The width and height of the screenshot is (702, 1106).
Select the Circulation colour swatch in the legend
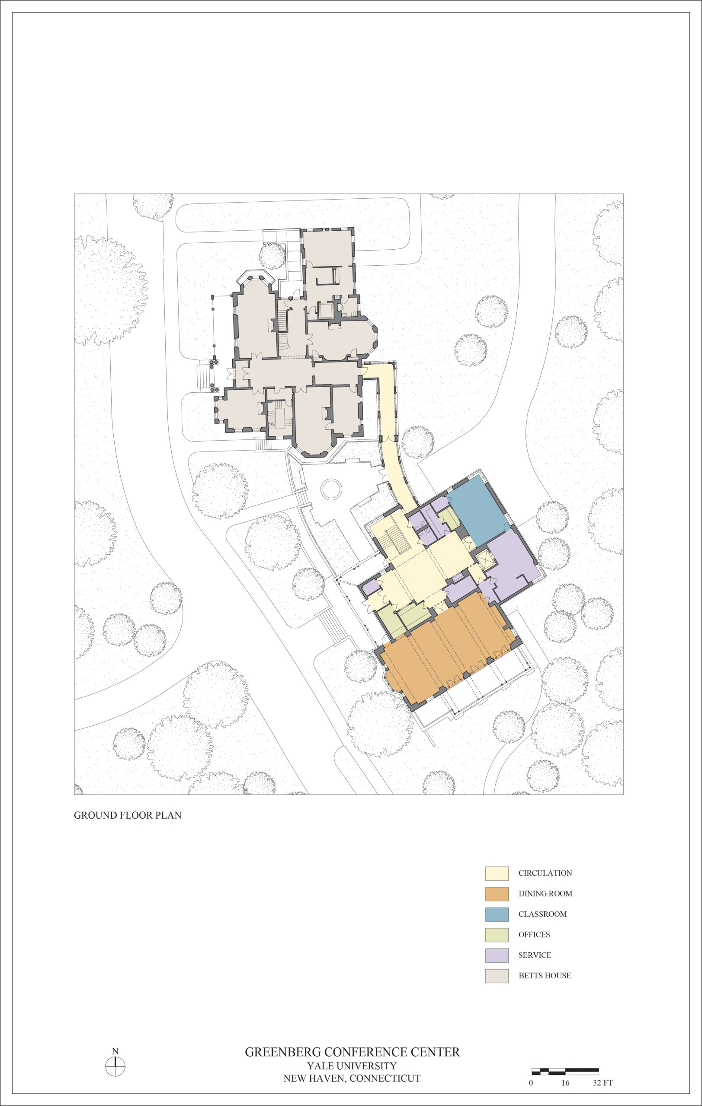click(x=497, y=873)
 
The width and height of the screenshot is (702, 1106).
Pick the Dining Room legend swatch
click(x=497, y=894)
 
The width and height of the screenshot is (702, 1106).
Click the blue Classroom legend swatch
click(x=497, y=914)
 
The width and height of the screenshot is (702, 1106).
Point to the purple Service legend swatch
click(x=497, y=955)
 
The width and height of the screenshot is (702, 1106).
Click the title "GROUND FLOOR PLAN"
click(x=127, y=815)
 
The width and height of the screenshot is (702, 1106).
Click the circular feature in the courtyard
click(x=331, y=489)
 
